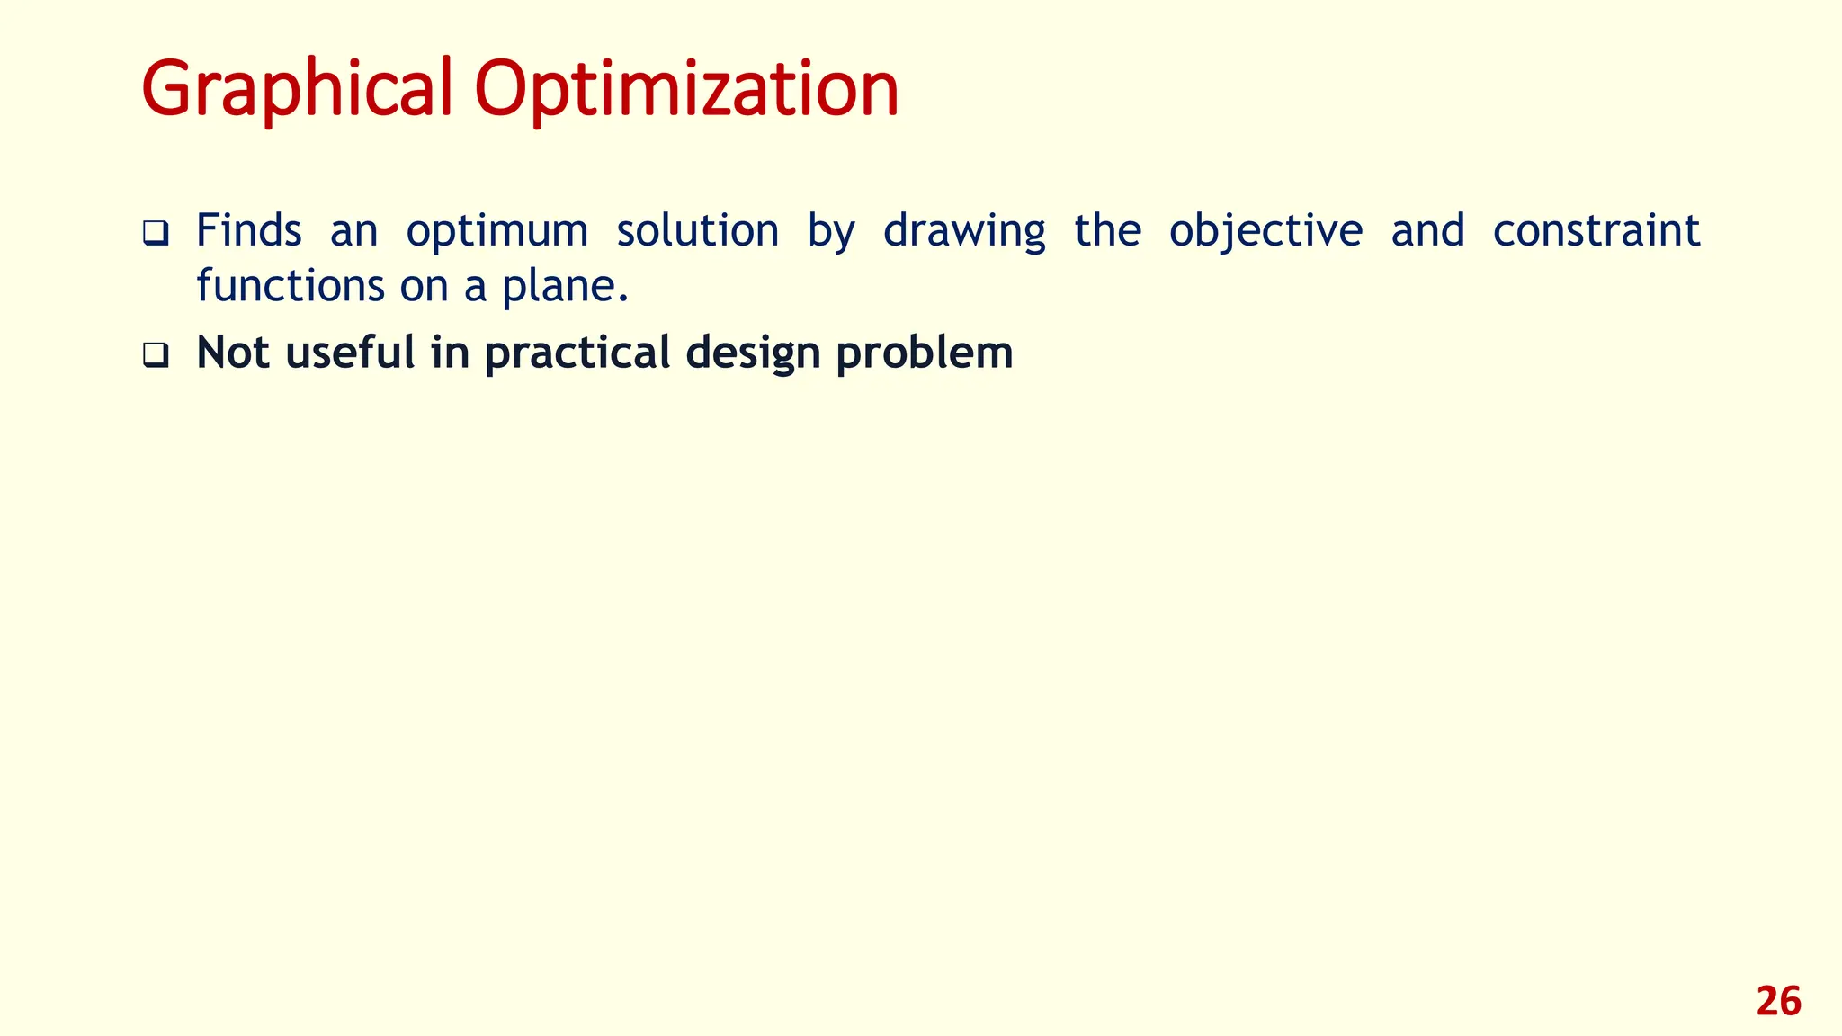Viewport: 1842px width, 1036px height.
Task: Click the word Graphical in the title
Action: click(297, 90)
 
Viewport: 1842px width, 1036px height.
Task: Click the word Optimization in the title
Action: click(686, 90)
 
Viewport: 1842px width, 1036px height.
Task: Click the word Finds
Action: click(248, 230)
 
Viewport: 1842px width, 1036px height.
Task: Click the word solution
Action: click(697, 230)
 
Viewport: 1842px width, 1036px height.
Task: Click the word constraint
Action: click(1596, 230)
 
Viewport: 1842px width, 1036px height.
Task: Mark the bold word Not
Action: click(233, 353)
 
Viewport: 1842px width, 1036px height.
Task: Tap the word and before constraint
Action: click(1427, 230)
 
